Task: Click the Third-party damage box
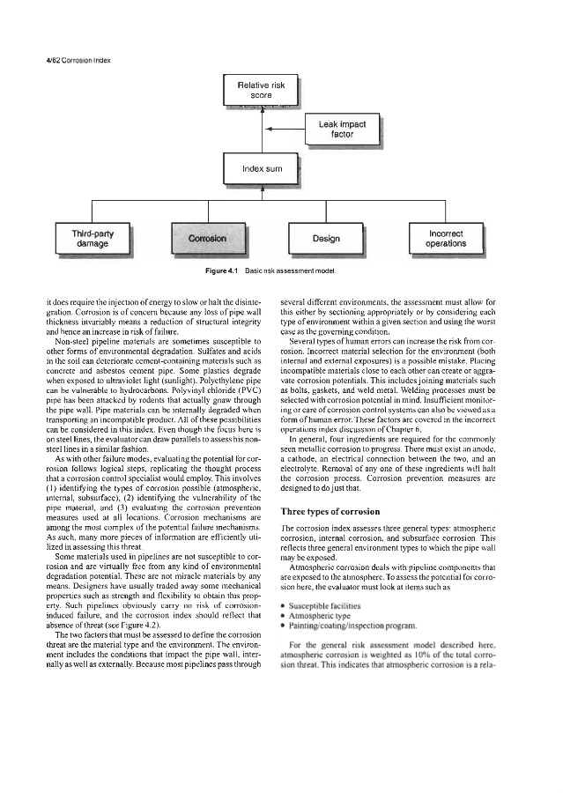(93, 237)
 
